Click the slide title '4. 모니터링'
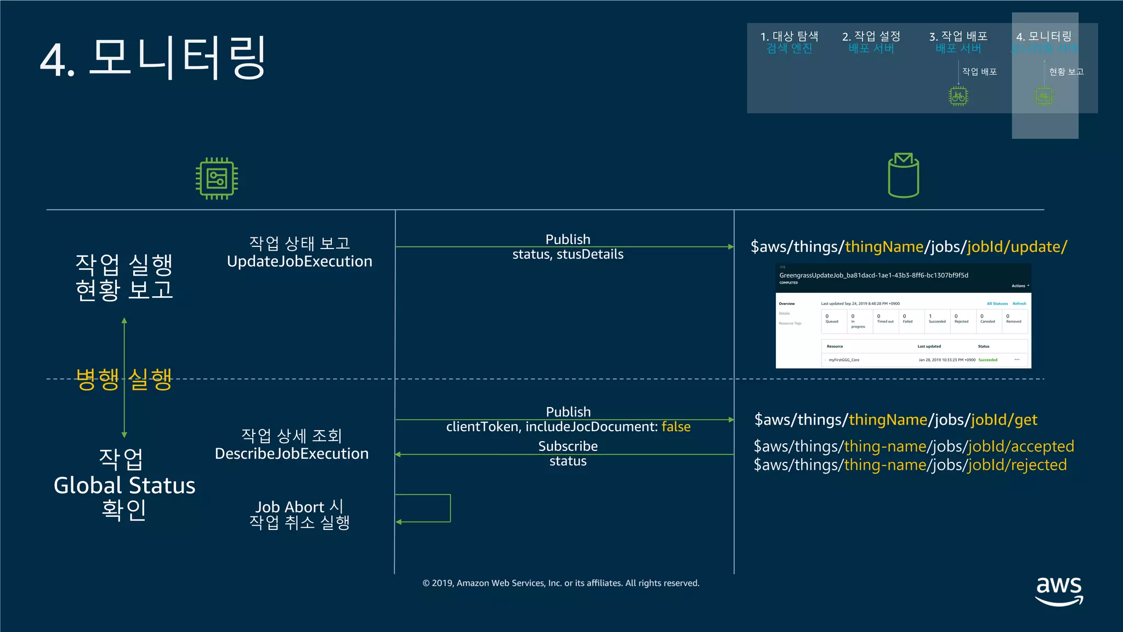153,58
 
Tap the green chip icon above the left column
217,178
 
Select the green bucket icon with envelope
903,176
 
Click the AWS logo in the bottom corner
1059,590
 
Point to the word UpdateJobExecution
299,262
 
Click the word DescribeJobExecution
292,454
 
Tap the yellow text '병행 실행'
124,379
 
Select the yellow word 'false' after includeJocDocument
676,427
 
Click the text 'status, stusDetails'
568,255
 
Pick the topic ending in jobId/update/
909,247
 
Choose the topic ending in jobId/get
895,420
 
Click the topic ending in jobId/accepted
914,447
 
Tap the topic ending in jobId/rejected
910,465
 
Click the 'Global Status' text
124,486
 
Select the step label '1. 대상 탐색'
789,36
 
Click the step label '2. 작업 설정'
871,36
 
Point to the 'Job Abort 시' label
299,506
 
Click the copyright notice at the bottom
561,583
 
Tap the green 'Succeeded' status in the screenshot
988,360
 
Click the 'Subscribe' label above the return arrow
568,446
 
